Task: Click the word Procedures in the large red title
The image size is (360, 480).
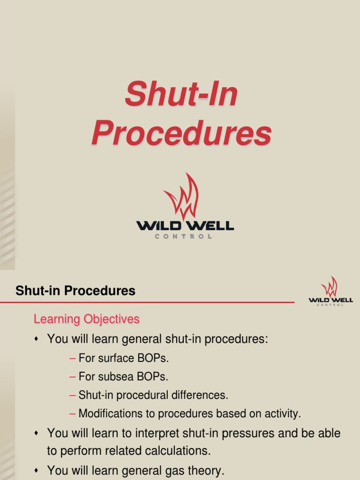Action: tap(181, 134)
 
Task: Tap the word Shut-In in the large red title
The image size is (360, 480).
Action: tap(181, 94)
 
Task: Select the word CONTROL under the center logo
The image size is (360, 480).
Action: tap(183, 237)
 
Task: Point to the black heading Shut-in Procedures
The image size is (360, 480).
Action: tap(75, 291)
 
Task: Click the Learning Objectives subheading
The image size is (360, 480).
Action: tap(87, 319)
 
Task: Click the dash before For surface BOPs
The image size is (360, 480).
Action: tap(72, 359)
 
